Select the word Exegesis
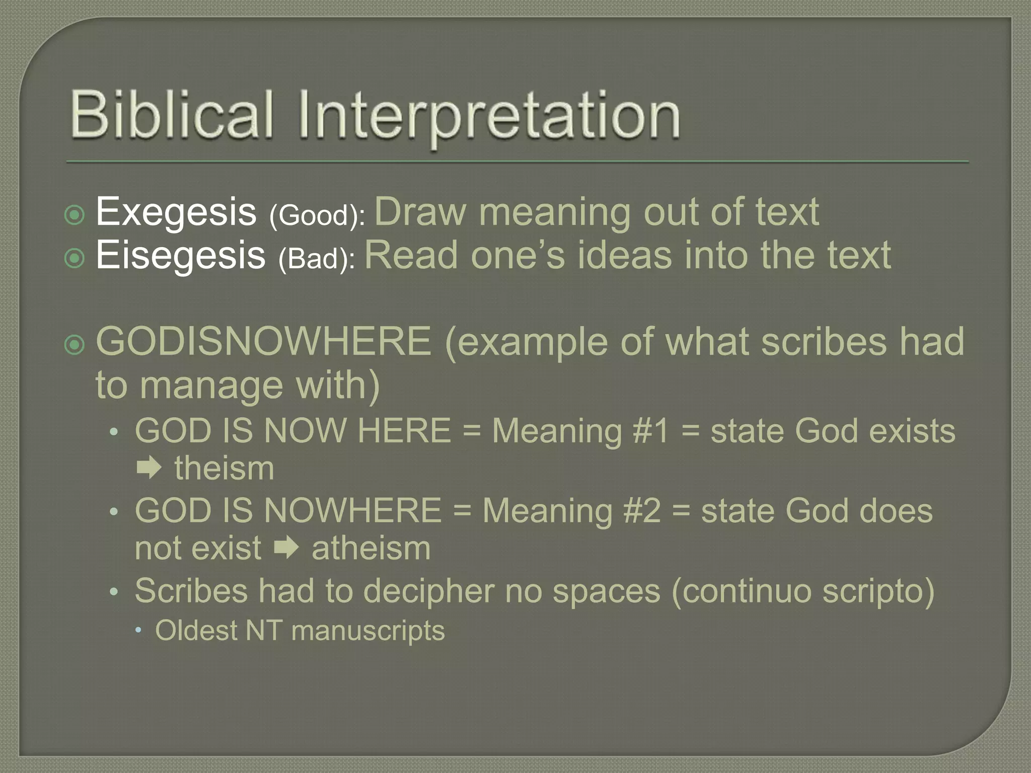(176, 212)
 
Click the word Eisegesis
(180, 255)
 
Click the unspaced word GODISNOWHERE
(263, 342)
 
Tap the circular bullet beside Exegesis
(75, 215)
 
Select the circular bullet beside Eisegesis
(75, 259)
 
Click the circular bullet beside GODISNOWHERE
(75, 345)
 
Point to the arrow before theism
(149, 469)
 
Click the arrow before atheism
(286, 548)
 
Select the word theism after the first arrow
(224, 469)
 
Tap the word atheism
(371, 548)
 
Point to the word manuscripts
(368, 631)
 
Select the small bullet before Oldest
(138, 631)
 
